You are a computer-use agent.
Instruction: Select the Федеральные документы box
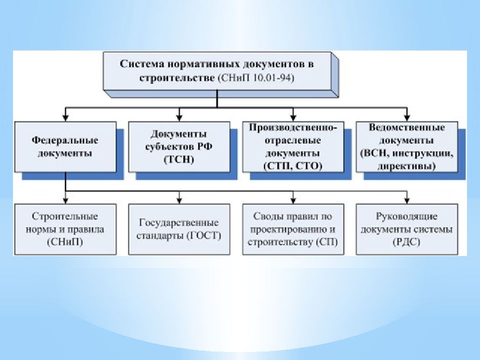point(65,147)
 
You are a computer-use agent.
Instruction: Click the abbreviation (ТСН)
point(179,160)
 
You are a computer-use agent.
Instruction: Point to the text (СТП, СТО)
point(293,166)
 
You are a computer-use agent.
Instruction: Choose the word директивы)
point(406,166)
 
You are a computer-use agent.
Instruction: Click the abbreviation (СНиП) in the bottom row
point(65,242)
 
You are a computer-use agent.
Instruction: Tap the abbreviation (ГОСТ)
point(203,235)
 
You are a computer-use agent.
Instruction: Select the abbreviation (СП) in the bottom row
point(327,242)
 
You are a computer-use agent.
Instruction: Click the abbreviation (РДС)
point(406,242)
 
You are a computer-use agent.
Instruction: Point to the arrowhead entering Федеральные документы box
point(65,118)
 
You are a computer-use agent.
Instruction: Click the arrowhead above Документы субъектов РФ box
point(179,118)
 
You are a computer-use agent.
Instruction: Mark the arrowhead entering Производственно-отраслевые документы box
point(293,118)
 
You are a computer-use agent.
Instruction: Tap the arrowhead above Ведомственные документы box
point(407,118)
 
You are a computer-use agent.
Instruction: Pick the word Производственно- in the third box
point(293,127)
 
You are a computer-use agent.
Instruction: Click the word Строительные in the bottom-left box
point(65,216)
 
